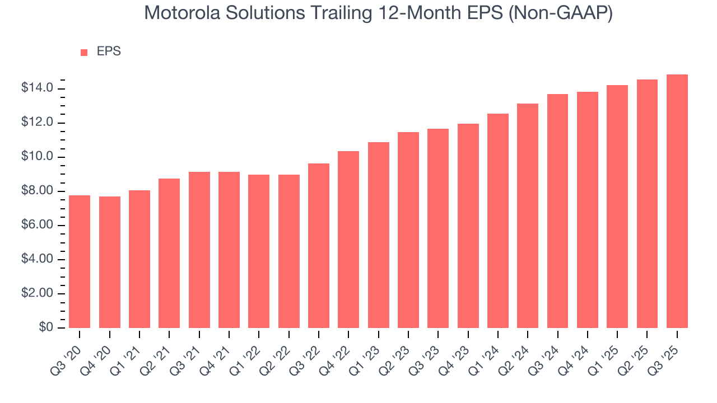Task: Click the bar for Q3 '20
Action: tap(80, 261)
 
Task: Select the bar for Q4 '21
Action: tap(229, 250)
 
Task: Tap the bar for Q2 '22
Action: tap(288, 251)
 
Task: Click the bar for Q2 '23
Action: tap(408, 230)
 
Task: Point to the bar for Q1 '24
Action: tap(498, 221)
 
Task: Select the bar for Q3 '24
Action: tap(557, 211)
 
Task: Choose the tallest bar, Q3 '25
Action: tap(677, 201)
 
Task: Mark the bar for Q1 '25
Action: tap(617, 207)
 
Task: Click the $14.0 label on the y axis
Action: tap(37, 88)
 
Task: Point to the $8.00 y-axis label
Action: tap(37, 191)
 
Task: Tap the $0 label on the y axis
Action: tap(46, 327)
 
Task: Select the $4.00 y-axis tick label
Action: tap(37, 259)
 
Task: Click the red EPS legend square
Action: tap(84, 52)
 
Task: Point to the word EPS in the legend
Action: tap(109, 51)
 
